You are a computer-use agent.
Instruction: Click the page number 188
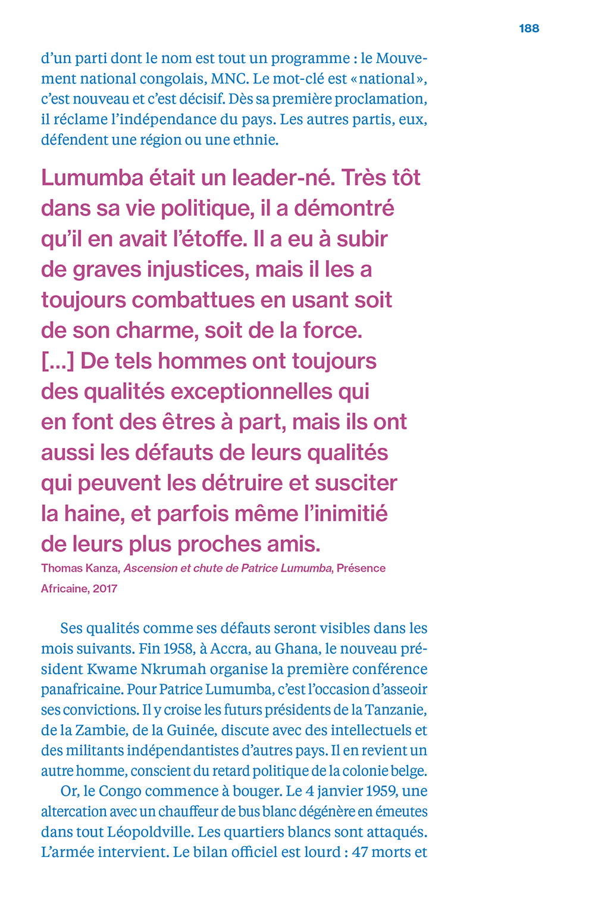pos(529,28)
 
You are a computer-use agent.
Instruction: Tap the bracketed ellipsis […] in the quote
pos(57,361)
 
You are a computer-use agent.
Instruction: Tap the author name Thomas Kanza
pos(79,568)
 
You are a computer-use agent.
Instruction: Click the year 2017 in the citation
pos(105,588)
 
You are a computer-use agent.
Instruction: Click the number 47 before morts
pos(360,852)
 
